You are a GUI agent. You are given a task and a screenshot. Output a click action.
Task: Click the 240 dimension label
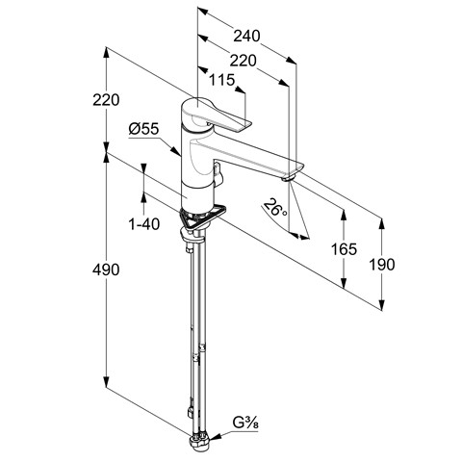coord(246,36)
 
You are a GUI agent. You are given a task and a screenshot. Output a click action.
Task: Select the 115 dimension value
coord(222,80)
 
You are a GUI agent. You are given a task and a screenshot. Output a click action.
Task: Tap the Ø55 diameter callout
coord(143,129)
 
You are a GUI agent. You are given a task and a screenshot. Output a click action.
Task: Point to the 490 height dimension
coord(106,269)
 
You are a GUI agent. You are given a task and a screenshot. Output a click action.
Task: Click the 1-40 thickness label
coord(144,223)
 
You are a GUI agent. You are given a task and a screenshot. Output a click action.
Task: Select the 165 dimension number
coord(344,249)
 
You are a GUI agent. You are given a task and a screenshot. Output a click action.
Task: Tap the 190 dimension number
coord(382,265)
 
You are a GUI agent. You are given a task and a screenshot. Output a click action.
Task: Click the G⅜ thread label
coord(245,423)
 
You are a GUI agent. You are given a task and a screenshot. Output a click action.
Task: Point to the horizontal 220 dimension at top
coord(244,61)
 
